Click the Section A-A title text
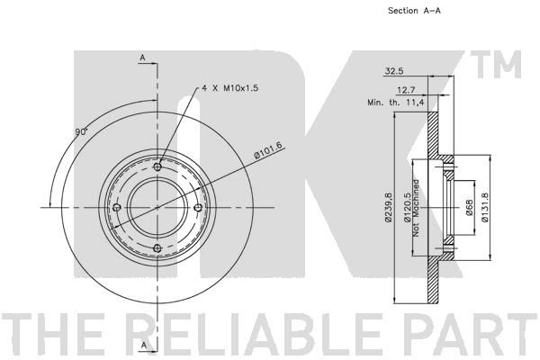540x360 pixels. click(414, 11)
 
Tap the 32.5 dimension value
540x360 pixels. click(394, 71)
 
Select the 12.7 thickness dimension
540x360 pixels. click(407, 90)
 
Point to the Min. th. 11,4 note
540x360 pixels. click(396, 103)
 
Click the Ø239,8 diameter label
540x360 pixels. click(389, 207)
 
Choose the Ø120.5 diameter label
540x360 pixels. click(408, 207)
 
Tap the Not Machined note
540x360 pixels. click(416, 208)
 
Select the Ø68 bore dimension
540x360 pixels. click(469, 208)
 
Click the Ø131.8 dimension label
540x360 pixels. click(485, 207)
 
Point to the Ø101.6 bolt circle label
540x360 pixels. click(268, 150)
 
